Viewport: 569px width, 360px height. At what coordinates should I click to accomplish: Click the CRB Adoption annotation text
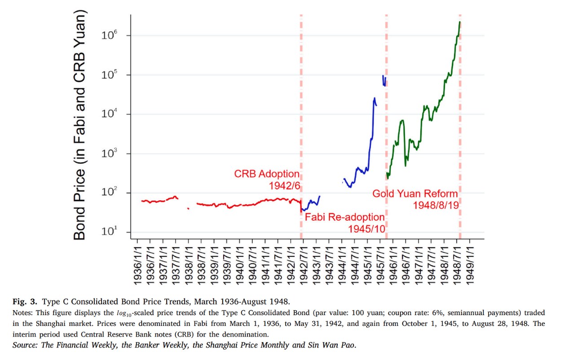[x=266, y=174]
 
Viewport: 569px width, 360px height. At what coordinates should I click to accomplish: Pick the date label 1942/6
[x=284, y=185]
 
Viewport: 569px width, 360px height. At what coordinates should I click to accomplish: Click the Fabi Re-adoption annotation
[x=344, y=217]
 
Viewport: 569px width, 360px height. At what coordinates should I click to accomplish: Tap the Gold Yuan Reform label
[x=415, y=194]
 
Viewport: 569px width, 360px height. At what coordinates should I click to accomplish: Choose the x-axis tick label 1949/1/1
[x=470, y=265]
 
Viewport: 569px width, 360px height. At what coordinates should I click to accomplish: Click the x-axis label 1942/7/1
[x=304, y=265]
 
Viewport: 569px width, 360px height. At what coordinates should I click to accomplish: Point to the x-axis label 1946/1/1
[x=393, y=265]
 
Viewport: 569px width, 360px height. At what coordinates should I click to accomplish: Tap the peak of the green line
[x=459, y=22]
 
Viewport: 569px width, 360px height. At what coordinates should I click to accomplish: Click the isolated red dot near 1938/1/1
[x=188, y=208]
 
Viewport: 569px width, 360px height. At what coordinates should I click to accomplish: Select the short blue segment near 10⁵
[x=384, y=80]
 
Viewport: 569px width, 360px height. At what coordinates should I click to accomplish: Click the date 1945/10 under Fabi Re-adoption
[x=366, y=228]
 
